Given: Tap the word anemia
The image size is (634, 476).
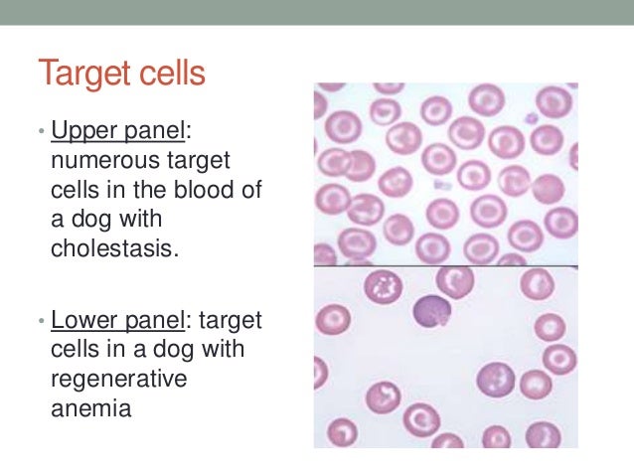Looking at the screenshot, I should coord(89,408).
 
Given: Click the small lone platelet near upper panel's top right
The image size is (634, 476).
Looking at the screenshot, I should coord(532,118).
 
